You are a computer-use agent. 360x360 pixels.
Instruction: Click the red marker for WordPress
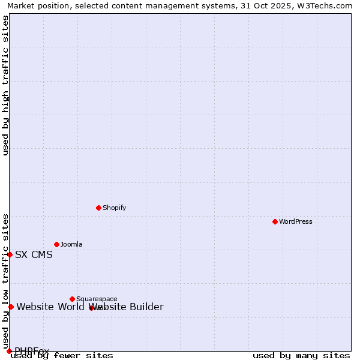pos(275,221)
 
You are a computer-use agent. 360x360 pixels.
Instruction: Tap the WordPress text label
pos(296,221)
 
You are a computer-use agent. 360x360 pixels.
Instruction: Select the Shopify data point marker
pos(98,208)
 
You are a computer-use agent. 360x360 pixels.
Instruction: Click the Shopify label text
pos(115,208)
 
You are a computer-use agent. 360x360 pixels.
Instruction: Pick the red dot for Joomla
pos(56,244)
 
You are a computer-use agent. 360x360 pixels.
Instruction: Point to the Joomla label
pos(71,244)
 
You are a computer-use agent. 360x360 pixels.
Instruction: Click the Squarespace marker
pos(72,299)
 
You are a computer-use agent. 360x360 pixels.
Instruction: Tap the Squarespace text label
pos(97,299)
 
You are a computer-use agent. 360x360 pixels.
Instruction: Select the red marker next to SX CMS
pos(10,254)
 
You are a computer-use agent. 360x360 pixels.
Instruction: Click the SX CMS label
pos(34,254)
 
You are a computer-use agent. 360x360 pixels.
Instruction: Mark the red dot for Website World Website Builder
pos(11,307)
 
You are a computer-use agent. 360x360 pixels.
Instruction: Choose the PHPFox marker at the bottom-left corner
pos(9,351)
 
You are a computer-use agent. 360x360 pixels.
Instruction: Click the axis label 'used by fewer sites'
pos(62,356)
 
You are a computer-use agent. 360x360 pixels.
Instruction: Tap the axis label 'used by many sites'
pos(301,356)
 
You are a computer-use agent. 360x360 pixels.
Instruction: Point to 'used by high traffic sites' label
pos(5,85)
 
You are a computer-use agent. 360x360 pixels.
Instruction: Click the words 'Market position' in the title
pos(36,6)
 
